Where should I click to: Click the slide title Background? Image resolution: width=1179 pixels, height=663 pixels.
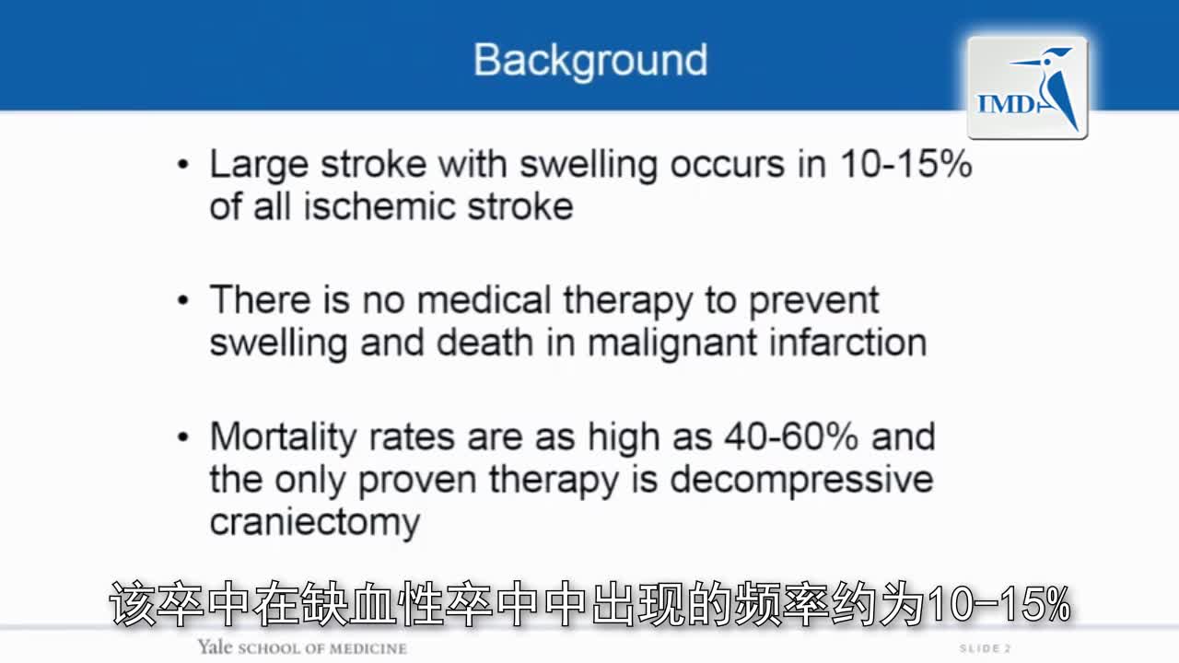click(590, 60)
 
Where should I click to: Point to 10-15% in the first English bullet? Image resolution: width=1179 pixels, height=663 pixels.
click(905, 164)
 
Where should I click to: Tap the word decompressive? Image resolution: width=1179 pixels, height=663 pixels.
click(801, 479)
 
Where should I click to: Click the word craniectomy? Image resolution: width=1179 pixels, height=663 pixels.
click(315, 521)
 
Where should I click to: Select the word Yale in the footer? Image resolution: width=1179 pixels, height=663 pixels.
click(216, 647)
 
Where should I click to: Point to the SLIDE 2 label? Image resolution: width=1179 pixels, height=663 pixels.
click(985, 648)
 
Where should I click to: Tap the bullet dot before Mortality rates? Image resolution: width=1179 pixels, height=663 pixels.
click(183, 436)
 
